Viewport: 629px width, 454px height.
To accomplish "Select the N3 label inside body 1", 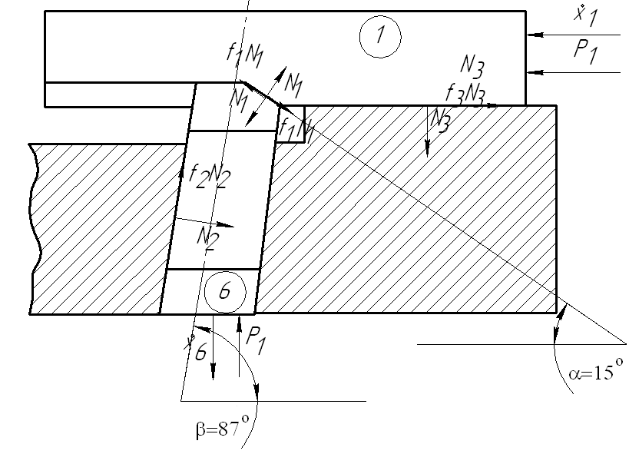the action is [472, 66].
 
